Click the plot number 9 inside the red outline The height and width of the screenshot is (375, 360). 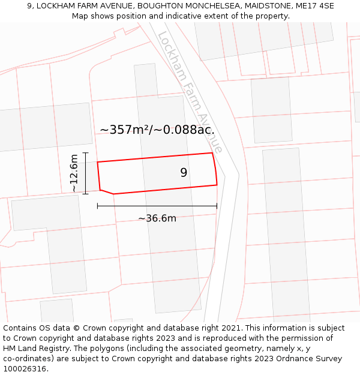point(184,173)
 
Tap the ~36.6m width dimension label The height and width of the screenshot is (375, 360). point(157,218)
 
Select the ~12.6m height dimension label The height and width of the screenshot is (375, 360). point(74,173)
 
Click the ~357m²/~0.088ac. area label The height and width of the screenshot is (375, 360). point(157,130)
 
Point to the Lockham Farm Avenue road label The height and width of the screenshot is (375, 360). point(190,91)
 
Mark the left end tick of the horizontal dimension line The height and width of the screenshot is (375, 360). point(98,206)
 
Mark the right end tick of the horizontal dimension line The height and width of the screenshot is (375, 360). point(217,206)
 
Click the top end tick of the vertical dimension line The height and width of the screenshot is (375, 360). point(86,153)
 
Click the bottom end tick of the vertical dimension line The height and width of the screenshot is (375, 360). point(86,193)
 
